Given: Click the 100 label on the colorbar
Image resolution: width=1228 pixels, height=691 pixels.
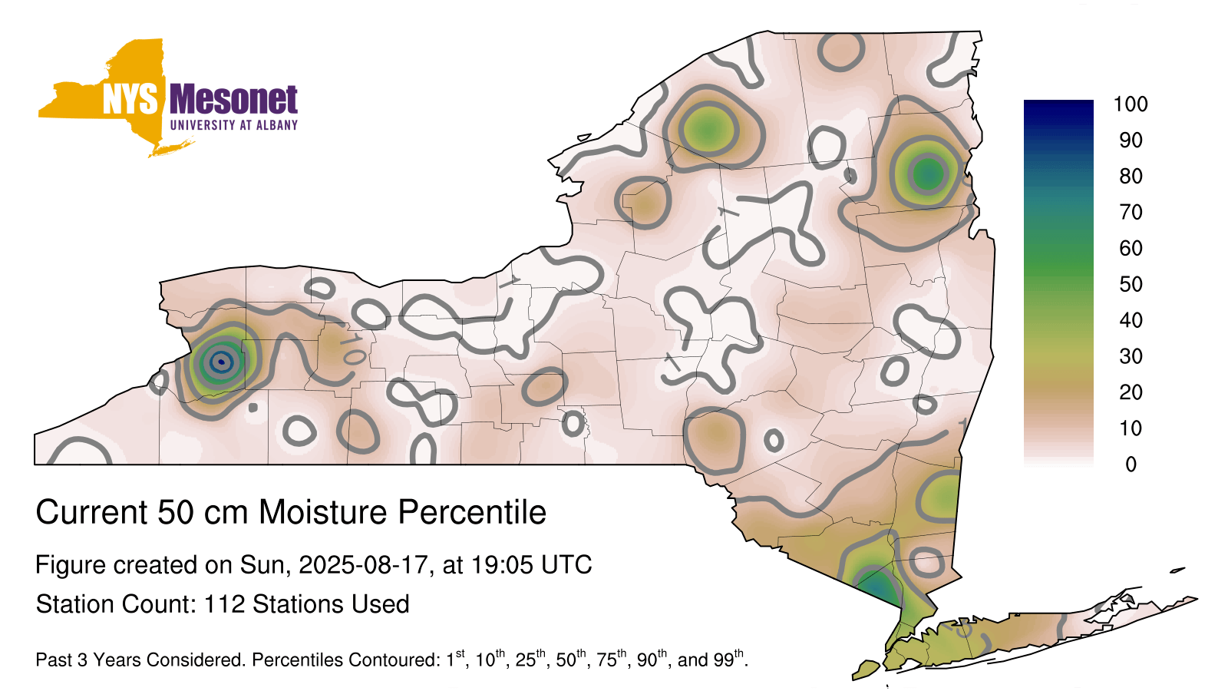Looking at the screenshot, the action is (1131, 104).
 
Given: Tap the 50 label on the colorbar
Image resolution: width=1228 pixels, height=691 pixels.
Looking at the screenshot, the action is (1131, 284).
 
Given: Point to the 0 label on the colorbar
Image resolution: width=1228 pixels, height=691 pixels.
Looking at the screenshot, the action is (1131, 465).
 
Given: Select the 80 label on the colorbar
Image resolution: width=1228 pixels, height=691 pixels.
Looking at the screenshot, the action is (1131, 176).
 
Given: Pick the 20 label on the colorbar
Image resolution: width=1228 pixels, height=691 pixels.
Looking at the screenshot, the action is (1131, 392).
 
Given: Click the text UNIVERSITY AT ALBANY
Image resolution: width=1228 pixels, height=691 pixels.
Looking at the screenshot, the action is (234, 125).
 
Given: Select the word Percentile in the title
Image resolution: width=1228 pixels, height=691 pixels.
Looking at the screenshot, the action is (472, 512).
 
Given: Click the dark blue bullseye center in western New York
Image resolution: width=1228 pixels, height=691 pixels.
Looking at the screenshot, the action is (221, 362).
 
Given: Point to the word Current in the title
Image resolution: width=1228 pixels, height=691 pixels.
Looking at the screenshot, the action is (91, 512).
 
